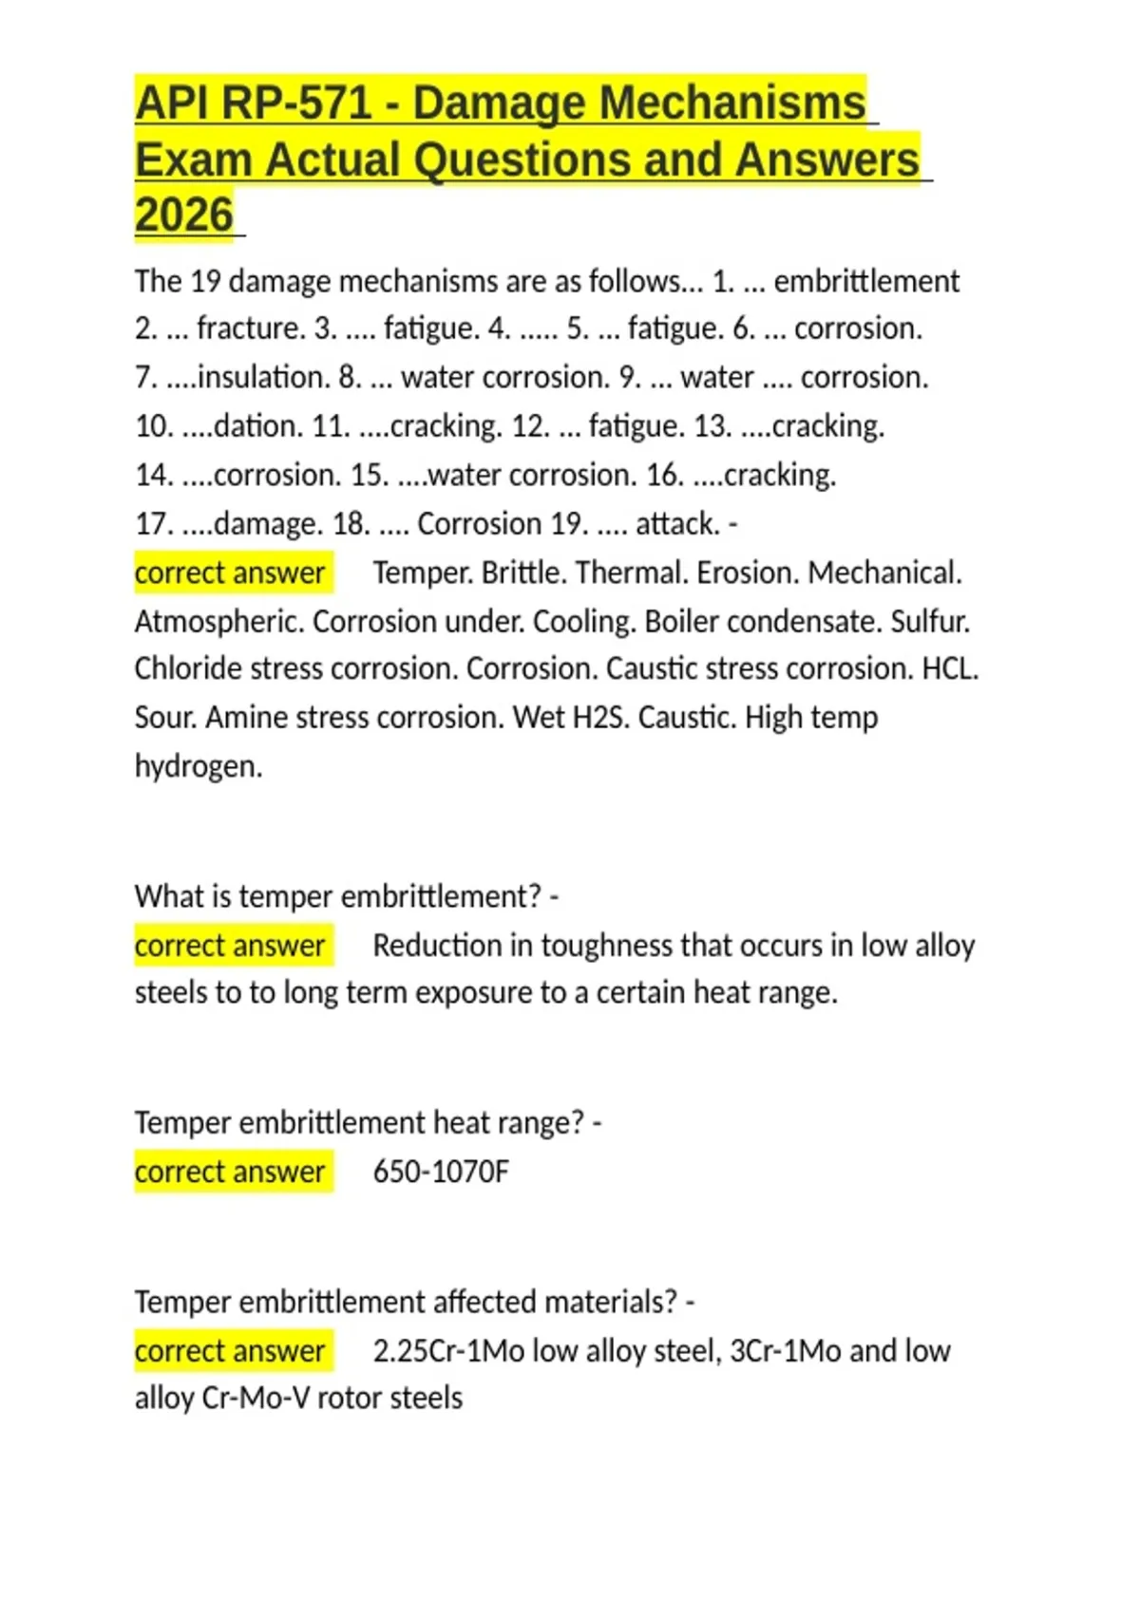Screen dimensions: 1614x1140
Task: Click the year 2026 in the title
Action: pos(184,216)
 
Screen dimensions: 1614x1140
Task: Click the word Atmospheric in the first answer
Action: pos(218,622)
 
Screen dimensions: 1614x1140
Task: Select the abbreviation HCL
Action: pos(949,669)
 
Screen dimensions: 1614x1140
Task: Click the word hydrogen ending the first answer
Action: pos(198,766)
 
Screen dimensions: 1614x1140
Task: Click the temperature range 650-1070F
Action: pos(441,1172)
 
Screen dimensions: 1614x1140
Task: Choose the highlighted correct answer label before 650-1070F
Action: pos(230,1172)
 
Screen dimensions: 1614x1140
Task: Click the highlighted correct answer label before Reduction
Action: pos(230,946)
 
